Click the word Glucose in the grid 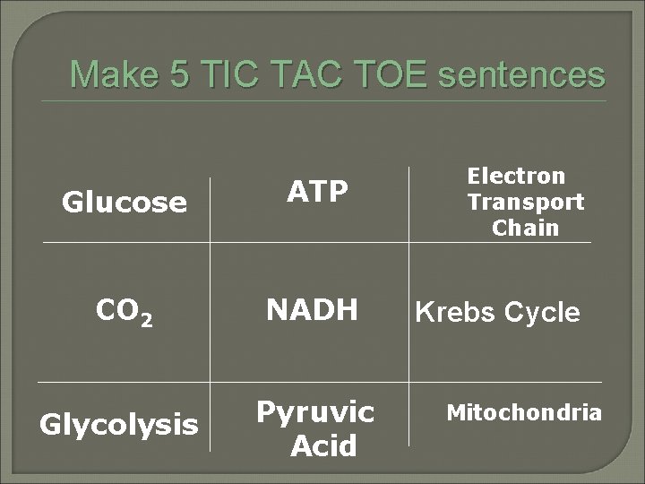coord(124,203)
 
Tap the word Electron coord(516,176)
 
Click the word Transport coord(525,202)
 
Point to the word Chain coord(525,228)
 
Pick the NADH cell coord(311,310)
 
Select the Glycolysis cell coord(119,424)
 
